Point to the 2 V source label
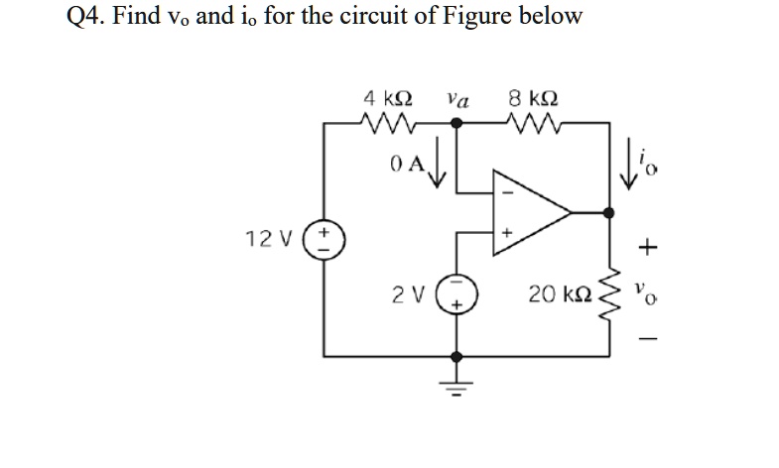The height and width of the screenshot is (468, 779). coord(405,294)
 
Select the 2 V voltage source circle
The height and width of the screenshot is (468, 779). coord(456,294)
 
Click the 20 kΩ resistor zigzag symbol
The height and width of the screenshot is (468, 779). coord(608,294)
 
